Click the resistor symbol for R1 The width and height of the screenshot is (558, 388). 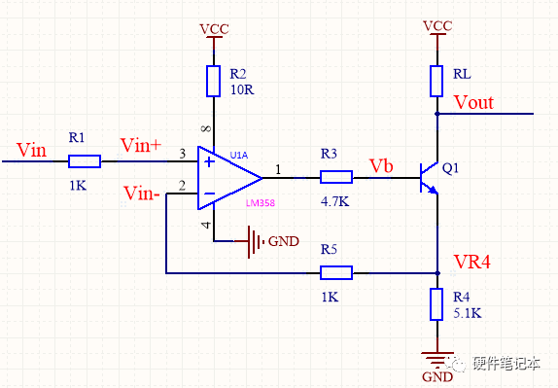(x=85, y=161)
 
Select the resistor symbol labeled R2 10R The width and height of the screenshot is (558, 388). (x=213, y=81)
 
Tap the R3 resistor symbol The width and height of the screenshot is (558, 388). (x=335, y=177)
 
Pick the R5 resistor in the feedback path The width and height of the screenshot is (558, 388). (x=335, y=273)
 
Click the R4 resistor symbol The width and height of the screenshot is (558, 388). (x=437, y=305)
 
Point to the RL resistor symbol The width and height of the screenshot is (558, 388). (x=437, y=80)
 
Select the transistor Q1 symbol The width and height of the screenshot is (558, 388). (x=429, y=177)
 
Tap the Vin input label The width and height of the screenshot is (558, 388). (x=31, y=150)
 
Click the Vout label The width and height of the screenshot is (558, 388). (x=474, y=102)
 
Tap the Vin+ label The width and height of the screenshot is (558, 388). (x=141, y=145)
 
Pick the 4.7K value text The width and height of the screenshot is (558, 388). (x=335, y=202)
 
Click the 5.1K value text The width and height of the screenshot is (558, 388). (x=466, y=313)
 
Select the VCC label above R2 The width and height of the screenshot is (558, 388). (x=213, y=28)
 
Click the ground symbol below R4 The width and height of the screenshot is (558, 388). (x=437, y=358)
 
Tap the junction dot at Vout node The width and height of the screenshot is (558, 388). (x=437, y=114)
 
